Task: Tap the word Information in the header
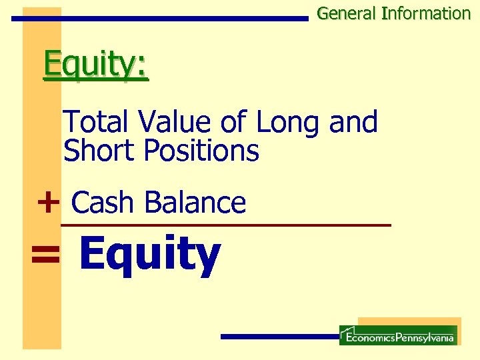coord(426,13)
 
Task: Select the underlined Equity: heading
coord(95,65)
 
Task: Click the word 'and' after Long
coord(353,123)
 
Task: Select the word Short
coord(99,151)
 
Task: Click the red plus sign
coord(48,202)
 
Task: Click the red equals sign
coord(45,255)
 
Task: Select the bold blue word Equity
coord(149,256)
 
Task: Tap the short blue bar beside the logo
coord(280,337)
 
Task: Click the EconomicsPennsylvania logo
coord(398,335)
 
